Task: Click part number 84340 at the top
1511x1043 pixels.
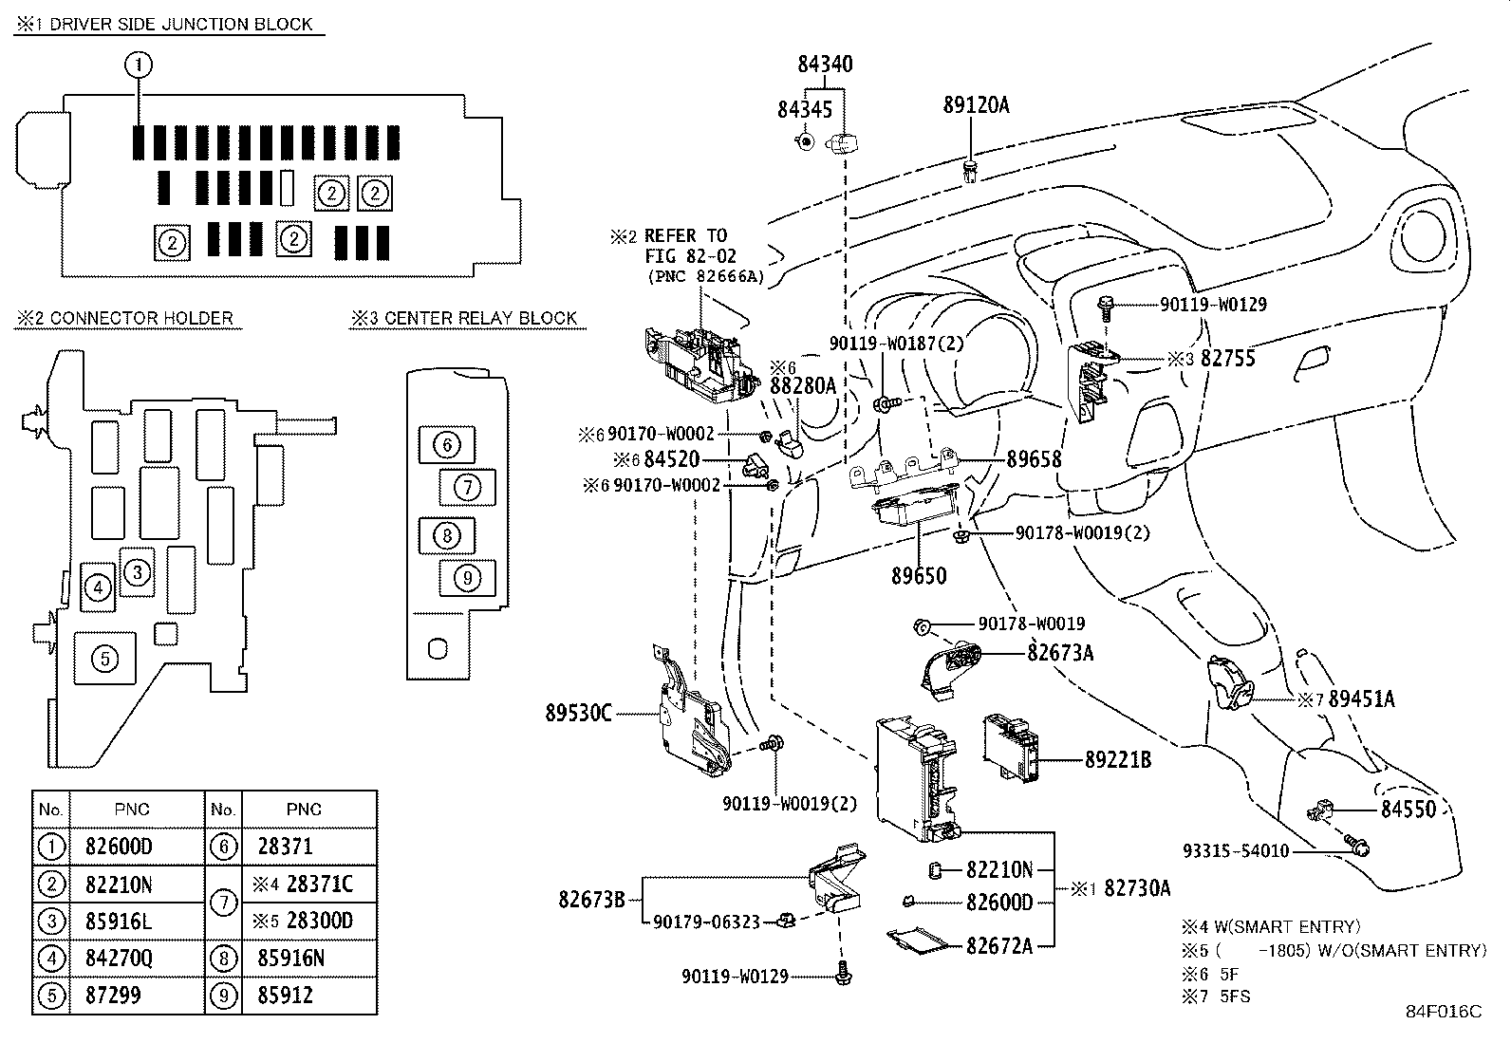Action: pos(824,65)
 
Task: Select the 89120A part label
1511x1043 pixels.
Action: pos(976,105)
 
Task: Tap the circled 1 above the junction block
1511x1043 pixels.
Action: pos(139,65)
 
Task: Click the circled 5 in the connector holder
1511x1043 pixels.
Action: pos(105,658)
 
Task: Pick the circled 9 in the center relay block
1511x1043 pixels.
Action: pos(467,576)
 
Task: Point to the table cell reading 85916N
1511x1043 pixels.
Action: pos(290,959)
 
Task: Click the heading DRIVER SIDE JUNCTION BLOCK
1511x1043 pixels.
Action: pos(180,25)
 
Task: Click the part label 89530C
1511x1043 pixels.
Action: pos(578,713)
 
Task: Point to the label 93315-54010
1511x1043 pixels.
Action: pos(1236,850)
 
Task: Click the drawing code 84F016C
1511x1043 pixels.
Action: pos(1443,1011)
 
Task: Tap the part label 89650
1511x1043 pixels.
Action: pos(918,575)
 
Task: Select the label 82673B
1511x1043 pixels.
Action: pos(591,899)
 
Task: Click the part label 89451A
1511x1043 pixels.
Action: pos(1361,698)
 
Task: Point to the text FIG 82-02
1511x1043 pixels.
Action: pos(690,256)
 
